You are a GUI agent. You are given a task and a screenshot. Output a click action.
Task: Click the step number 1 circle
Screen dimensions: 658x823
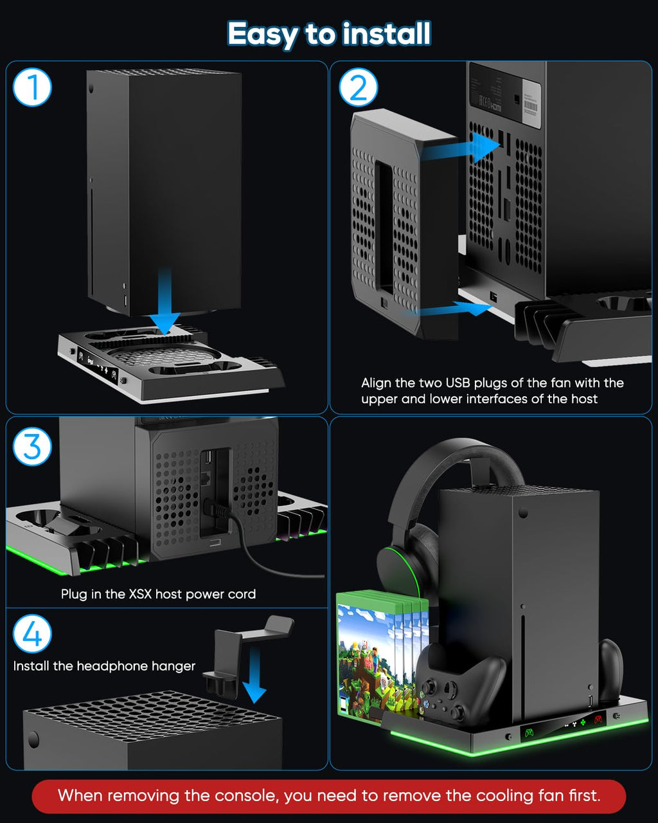click(x=32, y=87)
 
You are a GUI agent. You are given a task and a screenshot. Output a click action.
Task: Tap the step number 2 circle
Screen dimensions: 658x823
click(x=359, y=87)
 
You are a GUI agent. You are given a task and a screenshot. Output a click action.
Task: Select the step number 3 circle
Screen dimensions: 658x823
click(x=32, y=446)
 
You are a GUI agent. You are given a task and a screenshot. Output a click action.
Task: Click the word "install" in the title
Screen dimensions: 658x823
click(x=387, y=33)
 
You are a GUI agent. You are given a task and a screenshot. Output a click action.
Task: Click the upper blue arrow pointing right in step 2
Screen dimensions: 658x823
click(x=461, y=148)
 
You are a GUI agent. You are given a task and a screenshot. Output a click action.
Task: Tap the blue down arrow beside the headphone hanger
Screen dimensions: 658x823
click(x=254, y=675)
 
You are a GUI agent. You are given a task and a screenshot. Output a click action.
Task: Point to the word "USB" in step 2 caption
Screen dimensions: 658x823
click(x=459, y=383)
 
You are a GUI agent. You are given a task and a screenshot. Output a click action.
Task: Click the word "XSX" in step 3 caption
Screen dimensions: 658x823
click(x=140, y=594)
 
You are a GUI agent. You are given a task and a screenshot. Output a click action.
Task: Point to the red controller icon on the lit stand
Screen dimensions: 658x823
click(x=598, y=719)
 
